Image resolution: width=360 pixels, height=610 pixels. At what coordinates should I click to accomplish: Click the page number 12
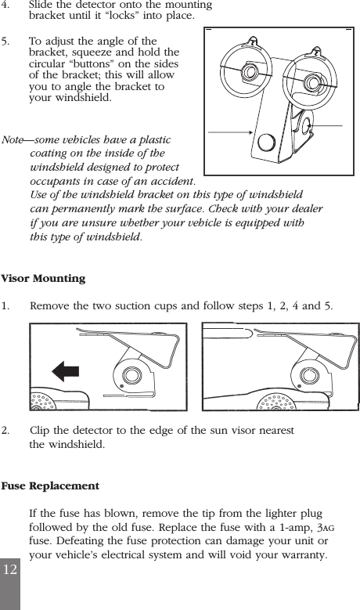[x=9, y=569]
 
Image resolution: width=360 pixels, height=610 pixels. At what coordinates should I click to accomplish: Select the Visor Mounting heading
[x=44, y=279]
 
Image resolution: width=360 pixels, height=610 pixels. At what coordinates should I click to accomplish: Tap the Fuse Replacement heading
[x=50, y=486]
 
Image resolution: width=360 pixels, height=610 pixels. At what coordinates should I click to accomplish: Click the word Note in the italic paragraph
[x=14, y=140]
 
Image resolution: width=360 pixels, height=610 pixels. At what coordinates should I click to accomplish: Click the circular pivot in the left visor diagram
[x=130, y=374]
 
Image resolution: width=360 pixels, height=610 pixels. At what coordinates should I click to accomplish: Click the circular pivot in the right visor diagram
[x=303, y=374]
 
